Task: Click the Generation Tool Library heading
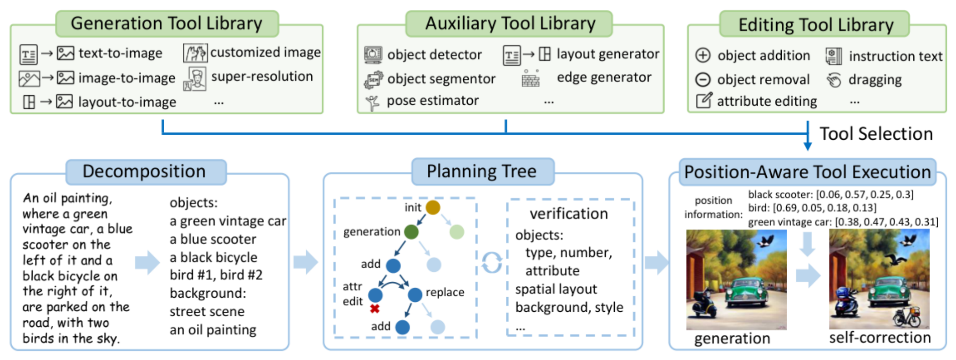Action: (167, 23)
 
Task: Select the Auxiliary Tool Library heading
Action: (510, 23)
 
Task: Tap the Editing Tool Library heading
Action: (816, 25)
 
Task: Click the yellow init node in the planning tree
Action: (433, 208)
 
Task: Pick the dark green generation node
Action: (411, 232)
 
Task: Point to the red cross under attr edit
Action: (374, 309)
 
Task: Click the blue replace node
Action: (415, 294)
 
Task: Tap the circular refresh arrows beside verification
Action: (492, 262)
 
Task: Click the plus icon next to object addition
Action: (703, 55)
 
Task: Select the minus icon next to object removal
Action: (703, 79)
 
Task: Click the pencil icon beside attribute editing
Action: (703, 100)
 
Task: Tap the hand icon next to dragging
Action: (834, 80)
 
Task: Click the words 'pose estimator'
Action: (433, 101)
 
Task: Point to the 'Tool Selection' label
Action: (876, 134)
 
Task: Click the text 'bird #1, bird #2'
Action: (216, 275)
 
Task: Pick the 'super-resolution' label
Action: (262, 76)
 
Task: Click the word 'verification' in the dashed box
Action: (569, 213)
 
